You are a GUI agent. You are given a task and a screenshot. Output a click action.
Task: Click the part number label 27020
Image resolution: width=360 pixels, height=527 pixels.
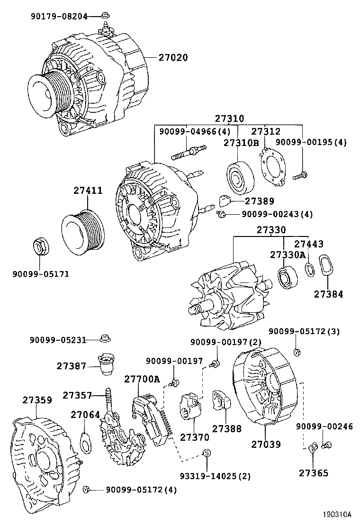(x=173, y=58)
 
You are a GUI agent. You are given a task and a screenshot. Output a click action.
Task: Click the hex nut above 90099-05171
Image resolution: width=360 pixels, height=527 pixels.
(x=41, y=246)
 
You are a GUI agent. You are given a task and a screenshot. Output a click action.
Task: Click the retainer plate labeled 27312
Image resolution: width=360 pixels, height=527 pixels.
(x=272, y=167)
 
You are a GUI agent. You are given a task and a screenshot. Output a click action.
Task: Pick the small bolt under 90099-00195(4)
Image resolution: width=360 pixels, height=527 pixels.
(x=300, y=176)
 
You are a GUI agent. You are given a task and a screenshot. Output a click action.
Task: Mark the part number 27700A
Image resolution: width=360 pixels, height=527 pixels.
(x=142, y=380)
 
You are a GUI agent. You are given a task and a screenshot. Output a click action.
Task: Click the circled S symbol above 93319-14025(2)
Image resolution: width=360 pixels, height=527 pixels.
(x=207, y=453)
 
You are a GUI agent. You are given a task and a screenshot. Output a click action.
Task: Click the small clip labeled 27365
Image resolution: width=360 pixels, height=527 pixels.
(x=313, y=447)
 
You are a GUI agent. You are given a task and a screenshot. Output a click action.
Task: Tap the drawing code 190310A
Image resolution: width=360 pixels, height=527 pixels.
(x=337, y=514)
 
